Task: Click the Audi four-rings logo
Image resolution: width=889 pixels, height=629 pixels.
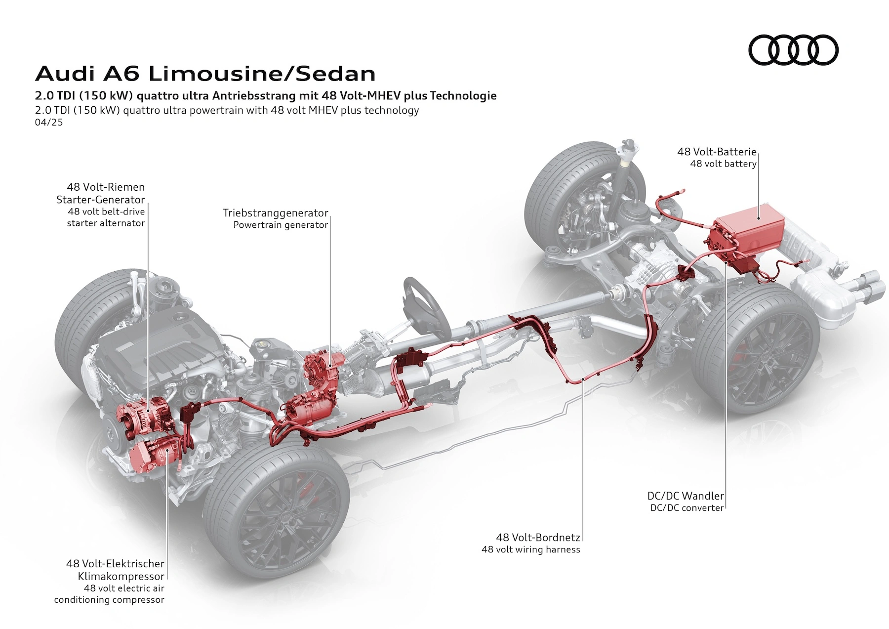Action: pos(793,50)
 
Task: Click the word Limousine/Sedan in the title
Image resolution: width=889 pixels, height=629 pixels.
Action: pos(262,74)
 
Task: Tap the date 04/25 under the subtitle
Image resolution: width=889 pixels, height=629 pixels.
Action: pos(49,122)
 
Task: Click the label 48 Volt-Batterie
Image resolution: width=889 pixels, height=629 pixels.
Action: pos(717,152)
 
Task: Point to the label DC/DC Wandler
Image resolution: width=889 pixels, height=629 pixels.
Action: pos(686,496)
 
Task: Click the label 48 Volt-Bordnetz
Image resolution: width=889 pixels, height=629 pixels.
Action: pos(538,537)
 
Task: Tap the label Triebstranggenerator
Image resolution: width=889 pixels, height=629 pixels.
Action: pos(275,213)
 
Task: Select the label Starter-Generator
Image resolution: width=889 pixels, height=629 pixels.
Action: pos(100,200)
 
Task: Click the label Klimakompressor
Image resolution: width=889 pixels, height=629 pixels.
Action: pos(121,576)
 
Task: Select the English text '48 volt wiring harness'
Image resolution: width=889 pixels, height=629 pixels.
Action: pos(531,549)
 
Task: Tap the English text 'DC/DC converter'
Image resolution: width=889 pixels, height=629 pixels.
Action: pos(687,508)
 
